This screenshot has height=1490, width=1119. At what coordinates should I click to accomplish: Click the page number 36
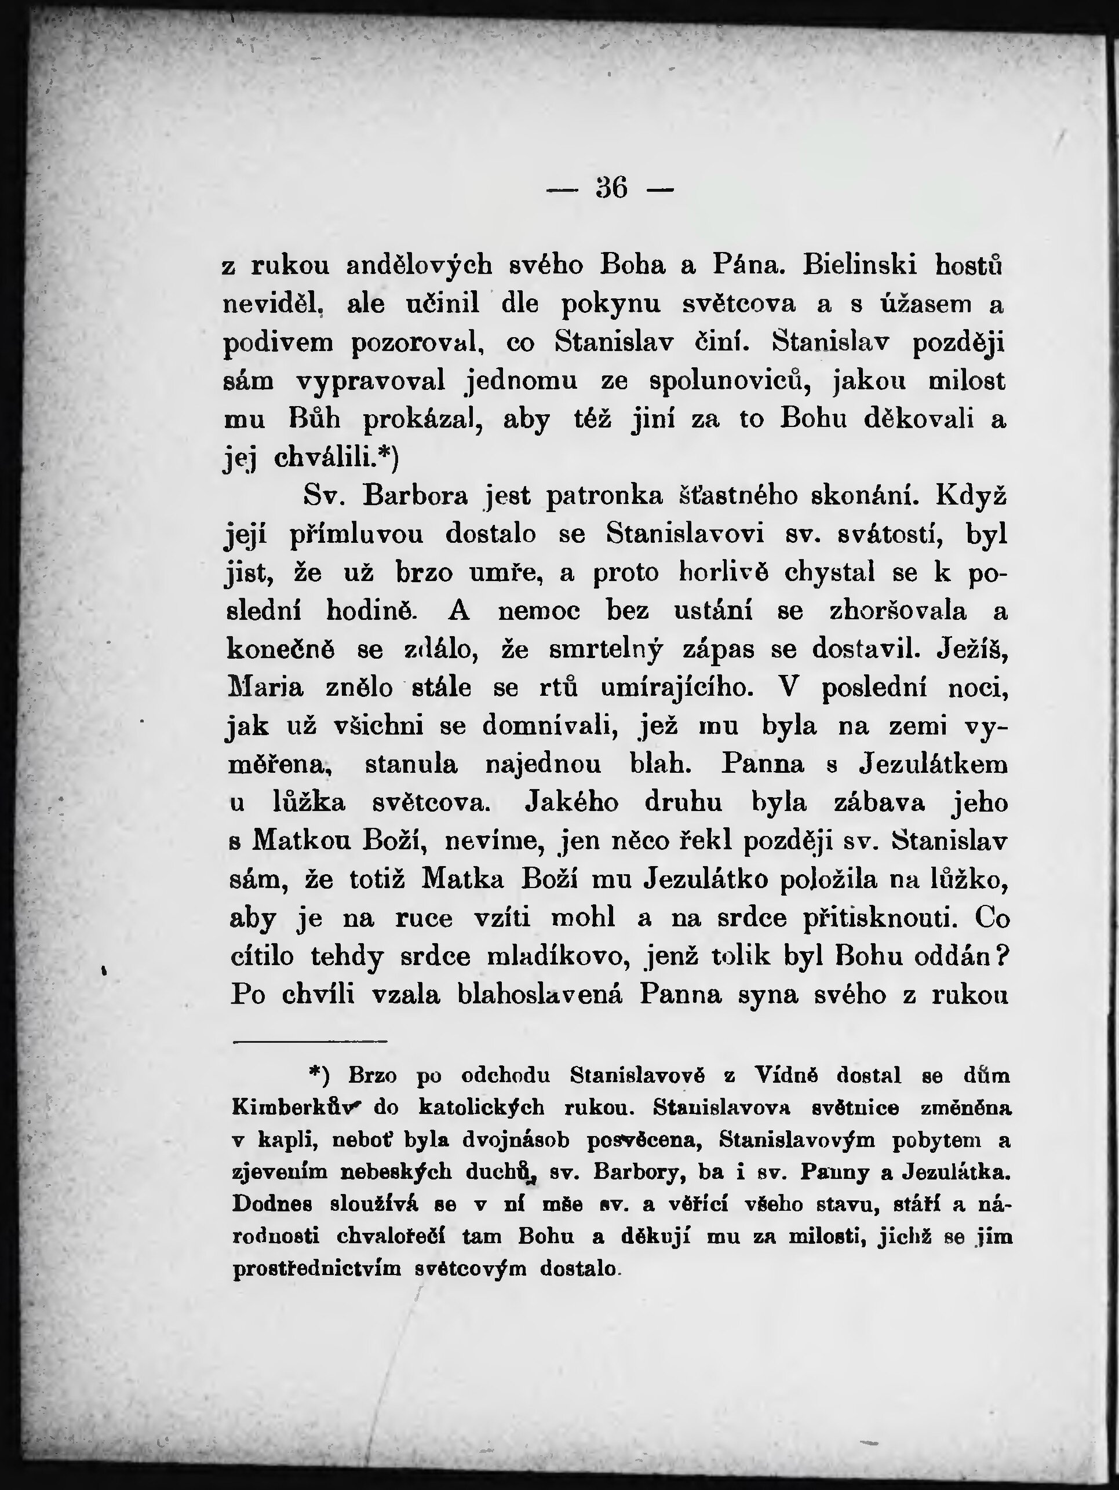click(611, 188)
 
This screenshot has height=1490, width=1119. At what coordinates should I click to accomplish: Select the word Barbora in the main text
click(415, 496)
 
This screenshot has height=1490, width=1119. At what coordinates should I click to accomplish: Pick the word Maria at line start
click(267, 688)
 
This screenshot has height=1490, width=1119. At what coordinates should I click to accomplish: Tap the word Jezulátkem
click(934, 765)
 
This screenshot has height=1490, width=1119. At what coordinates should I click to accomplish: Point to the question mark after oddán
click(1001, 956)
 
